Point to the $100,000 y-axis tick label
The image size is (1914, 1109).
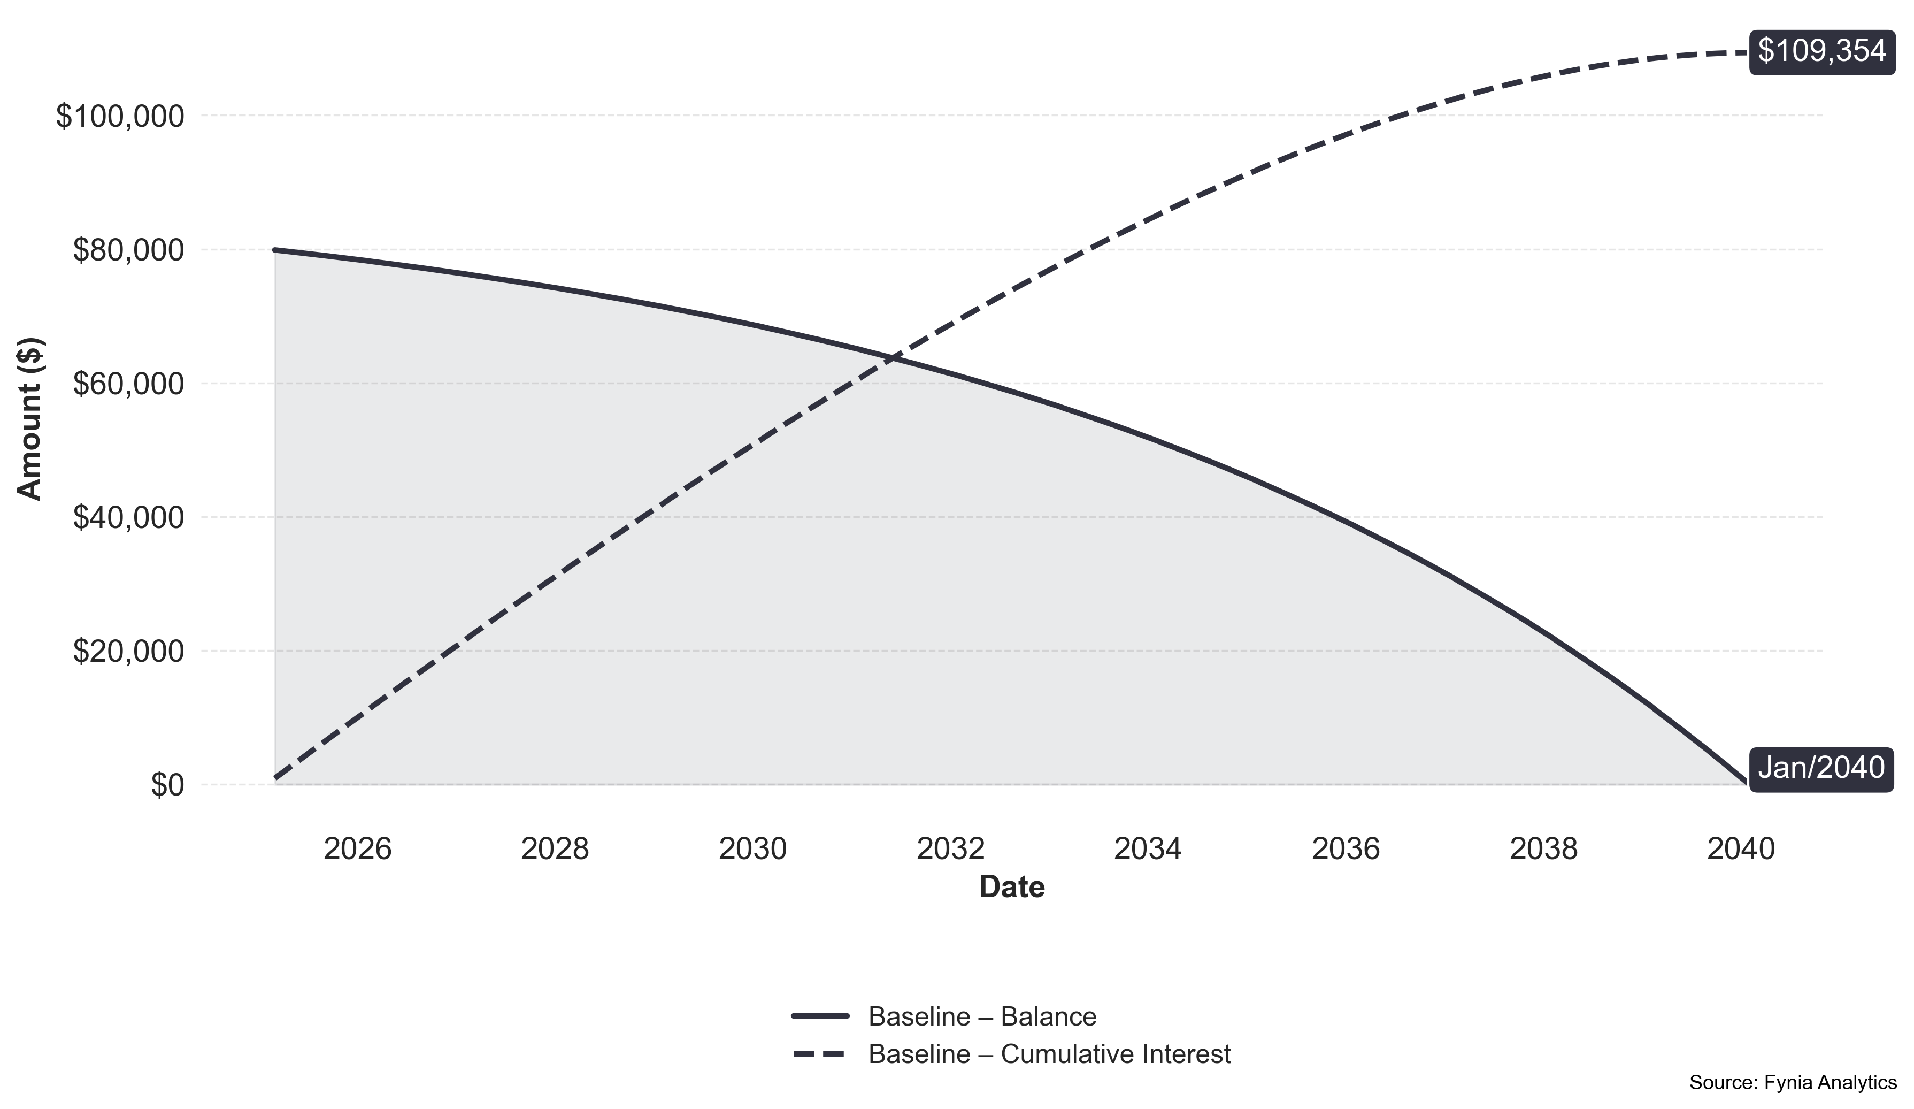tap(120, 117)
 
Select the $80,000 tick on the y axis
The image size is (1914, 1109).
tap(128, 251)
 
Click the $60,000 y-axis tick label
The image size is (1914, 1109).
tap(128, 384)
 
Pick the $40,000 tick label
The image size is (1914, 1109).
tap(128, 518)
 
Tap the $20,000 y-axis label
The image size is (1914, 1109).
tap(128, 652)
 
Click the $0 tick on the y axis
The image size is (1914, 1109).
tap(167, 785)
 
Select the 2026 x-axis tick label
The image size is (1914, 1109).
tap(357, 849)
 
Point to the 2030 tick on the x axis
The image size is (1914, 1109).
tap(752, 849)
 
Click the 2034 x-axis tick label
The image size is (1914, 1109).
tap(1148, 849)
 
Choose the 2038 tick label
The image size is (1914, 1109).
tap(1543, 849)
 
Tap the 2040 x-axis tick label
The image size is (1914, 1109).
tap(1741, 849)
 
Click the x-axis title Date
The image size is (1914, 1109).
tap(1012, 887)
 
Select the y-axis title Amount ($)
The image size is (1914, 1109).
tap(30, 419)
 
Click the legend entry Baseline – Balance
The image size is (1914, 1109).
tap(982, 1016)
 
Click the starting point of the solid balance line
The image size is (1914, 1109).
tap(275, 250)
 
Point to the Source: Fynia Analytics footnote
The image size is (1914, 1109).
tap(1793, 1082)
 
